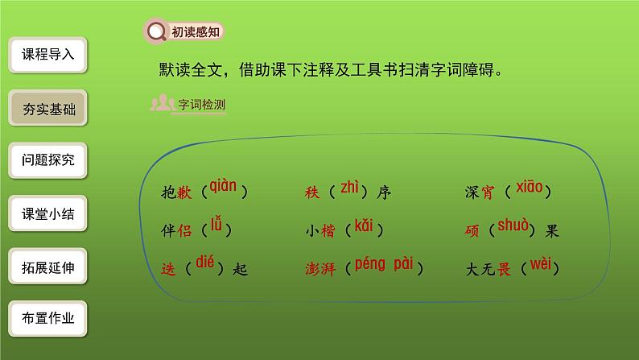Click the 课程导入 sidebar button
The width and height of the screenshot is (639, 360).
coord(48,55)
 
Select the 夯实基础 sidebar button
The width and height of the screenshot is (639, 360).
coord(48,108)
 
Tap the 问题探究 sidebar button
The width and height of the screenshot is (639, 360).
coord(48,160)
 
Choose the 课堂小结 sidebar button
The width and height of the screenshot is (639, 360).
coord(48,214)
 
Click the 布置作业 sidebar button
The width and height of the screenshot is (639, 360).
coord(48,318)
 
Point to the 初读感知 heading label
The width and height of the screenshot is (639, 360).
coord(193,32)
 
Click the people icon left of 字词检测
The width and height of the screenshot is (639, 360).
coord(163,103)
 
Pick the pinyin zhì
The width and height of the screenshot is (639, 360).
coord(349,188)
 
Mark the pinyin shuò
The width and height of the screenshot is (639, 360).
coord(513,226)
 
